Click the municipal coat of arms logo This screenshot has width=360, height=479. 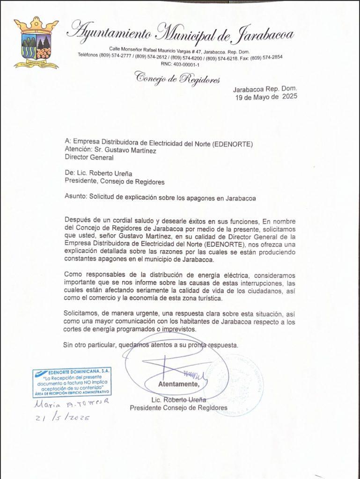[x=36, y=43]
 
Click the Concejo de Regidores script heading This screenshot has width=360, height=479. [x=177, y=78]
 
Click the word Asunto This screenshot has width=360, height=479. [x=75, y=198]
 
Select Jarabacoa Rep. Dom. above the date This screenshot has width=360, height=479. [x=264, y=89]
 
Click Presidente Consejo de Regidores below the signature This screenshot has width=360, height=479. [x=178, y=407]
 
